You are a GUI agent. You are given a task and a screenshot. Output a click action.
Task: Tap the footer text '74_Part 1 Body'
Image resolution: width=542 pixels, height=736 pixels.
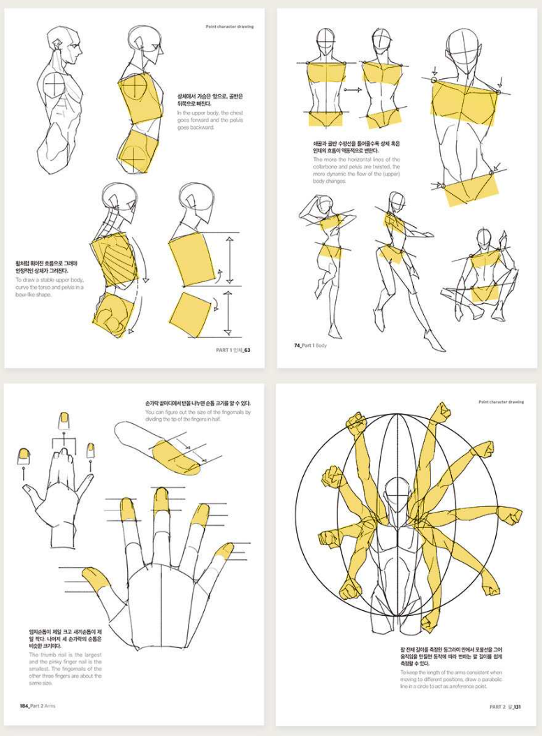(x=310, y=345)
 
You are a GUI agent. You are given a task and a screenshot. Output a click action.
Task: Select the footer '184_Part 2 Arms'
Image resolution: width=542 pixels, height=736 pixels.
(x=38, y=706)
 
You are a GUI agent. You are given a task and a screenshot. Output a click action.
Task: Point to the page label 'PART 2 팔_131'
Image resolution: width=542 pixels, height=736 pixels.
(x=505, y=707)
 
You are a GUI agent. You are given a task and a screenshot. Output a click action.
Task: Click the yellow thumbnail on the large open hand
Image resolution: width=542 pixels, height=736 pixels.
(x=95, y=576)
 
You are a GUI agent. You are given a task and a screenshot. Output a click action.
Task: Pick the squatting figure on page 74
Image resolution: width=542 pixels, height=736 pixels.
(x=483, y=272)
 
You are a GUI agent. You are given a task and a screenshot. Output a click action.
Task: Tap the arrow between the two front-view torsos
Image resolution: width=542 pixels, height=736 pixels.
(x=353, y=89)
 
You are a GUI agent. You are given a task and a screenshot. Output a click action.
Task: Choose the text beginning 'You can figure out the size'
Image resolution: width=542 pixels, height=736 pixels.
(x=197, y=416)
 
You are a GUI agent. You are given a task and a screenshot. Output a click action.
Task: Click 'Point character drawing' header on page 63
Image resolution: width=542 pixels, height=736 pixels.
(x=230, y=27)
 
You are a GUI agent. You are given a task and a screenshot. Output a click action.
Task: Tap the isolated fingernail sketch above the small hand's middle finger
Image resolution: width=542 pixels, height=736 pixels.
(x=64, y=420)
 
